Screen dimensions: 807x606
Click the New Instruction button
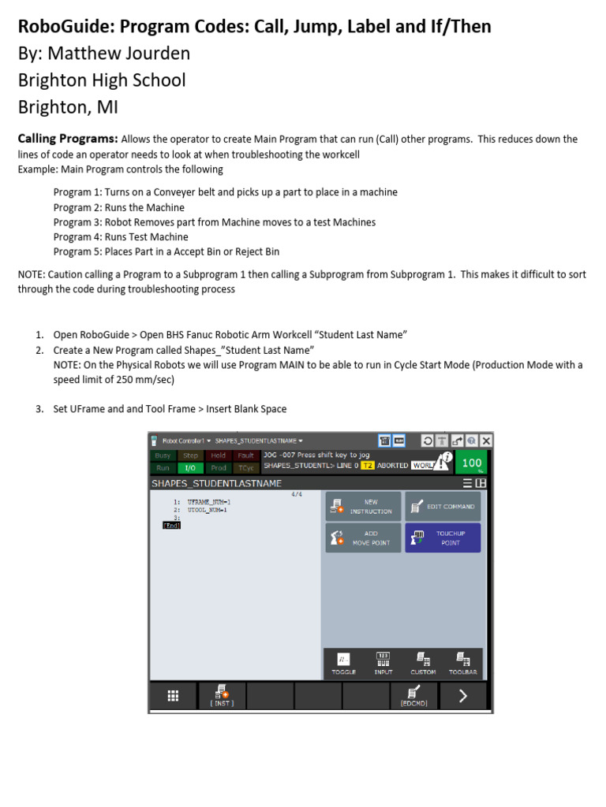pos(363,507)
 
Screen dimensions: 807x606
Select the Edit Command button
pos(443,507)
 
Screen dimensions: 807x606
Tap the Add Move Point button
pos(363,538)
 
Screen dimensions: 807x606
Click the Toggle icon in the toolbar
pos(343,663)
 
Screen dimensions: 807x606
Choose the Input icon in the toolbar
pos(383,663)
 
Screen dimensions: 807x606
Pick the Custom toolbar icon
pos(423,663)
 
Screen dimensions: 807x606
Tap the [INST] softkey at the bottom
pos(222,697)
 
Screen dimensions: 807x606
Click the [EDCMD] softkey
pos(414,697)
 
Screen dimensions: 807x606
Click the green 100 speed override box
pos(472,463)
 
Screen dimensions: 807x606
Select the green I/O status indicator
pos(190,467)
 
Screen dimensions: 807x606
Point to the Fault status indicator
pos(245,456)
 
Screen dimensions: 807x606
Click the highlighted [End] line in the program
pos(171,526)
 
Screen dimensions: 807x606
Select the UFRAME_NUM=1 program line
pos(208,502)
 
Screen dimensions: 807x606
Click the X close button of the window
pos(486,441)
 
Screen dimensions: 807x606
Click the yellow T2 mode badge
pos(367,466)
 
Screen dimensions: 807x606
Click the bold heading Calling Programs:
pos(68,139)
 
